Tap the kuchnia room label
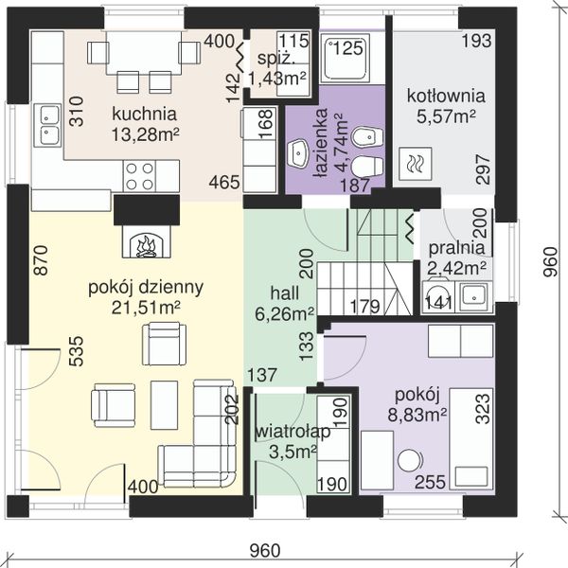pos(144,114)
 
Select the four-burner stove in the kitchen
pos(139,176)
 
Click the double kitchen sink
pos(47,125)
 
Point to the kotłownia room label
pos(446,96)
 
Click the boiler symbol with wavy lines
pos(416,164)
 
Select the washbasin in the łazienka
pos(298,154)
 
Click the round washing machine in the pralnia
pos(438,296)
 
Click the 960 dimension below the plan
pos(265,551)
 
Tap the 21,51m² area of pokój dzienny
pos(146,308)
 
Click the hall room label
pos(285,293)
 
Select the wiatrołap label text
pos(293,432)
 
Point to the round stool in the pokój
pos(410,460)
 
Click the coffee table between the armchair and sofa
pos(164,404)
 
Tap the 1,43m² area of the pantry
pos(277,78)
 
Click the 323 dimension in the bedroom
pos(483,409)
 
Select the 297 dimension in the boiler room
pos(483,169)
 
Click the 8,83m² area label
pos(417,415)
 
